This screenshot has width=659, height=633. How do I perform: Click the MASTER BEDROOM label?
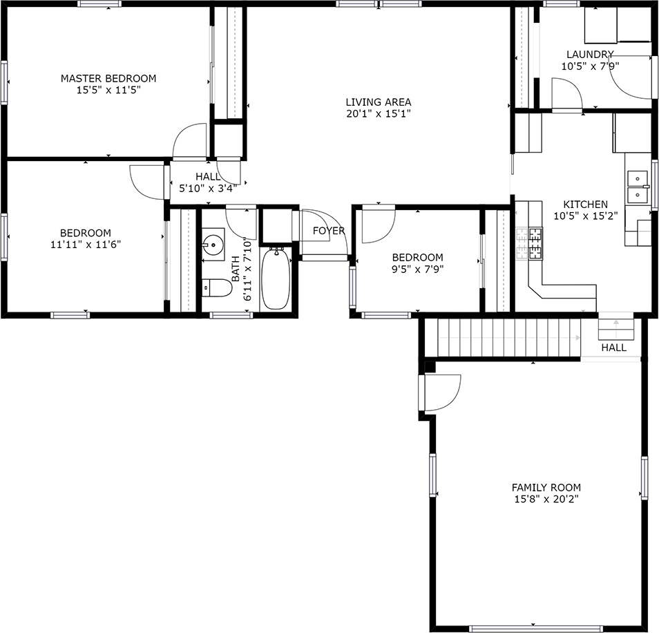108,78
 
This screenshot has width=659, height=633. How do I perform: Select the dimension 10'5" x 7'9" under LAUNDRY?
590,66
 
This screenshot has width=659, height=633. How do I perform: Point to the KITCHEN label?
585,204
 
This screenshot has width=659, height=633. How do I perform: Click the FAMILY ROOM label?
546,487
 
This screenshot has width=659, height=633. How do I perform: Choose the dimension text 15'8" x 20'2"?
546,499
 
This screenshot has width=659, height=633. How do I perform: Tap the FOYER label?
328,231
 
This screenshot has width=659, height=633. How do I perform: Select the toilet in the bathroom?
216,287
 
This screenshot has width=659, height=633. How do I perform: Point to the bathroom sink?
213,243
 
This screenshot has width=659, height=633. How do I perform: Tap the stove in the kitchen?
535,243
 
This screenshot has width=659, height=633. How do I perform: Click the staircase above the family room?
508,337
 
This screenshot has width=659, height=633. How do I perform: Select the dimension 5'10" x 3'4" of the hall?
208,187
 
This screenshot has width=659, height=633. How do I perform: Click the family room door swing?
441,391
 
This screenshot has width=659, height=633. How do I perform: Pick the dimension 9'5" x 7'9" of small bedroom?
417,269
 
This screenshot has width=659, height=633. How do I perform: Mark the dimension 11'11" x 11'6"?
85,245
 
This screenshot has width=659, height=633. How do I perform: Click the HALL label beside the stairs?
613,348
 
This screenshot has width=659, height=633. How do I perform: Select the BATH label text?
236,270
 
